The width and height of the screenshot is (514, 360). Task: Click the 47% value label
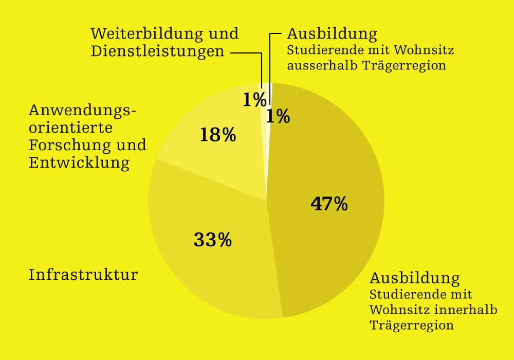(329, 204)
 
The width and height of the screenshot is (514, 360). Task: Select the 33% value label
(212, 240)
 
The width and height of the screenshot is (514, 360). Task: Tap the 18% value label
(217, 135)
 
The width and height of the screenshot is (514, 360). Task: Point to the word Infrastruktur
(83, 275)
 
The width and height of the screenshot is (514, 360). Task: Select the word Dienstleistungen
(157, 51)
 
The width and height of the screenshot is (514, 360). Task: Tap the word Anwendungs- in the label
(83, 110)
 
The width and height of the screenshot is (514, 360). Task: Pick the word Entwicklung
(79, 163)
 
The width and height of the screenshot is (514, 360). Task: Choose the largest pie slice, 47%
(334, 154)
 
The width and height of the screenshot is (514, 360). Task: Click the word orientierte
(70, 128)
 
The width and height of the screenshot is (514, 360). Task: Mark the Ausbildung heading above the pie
(332, 34)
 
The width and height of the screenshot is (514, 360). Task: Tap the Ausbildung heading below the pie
(415, 278)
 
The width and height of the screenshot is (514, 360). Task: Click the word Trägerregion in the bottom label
(412, 326)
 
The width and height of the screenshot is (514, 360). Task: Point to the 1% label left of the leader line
(254, 99)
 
